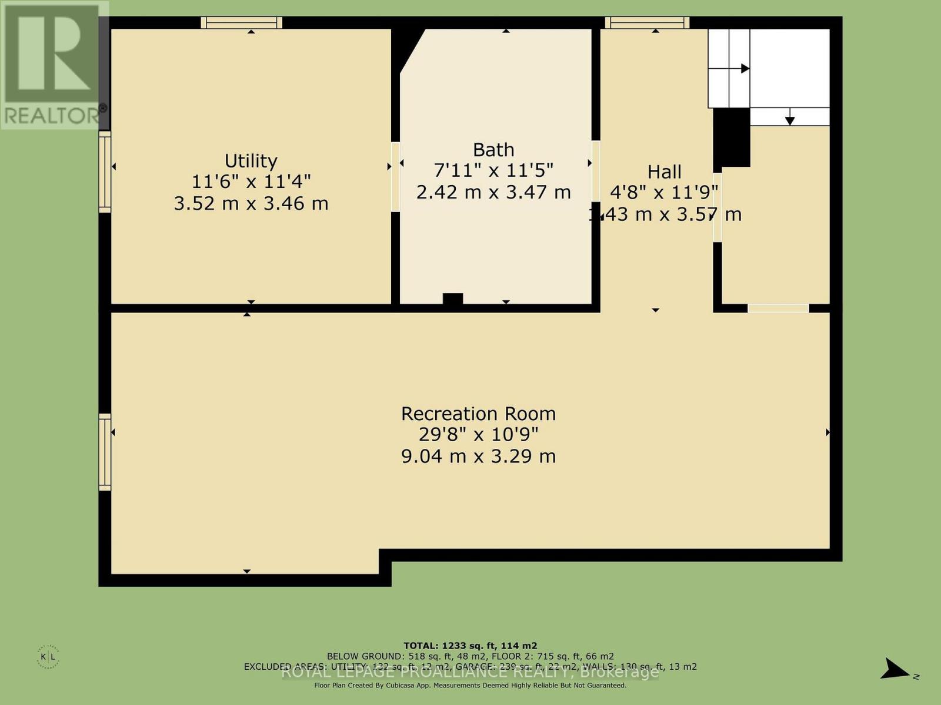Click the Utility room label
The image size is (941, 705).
[x=251, y=161]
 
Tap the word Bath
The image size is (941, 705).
[x=493, y=150]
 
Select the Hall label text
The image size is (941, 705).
[x=664, y=172]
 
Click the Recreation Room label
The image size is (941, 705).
[x=478, y=414]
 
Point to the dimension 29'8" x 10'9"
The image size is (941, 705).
[x=478, y=435]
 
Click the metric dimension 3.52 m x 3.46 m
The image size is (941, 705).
[x=251, y=204]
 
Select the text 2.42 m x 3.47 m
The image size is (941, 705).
[x=493, y=192]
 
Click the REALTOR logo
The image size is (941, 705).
[x=54, y=65]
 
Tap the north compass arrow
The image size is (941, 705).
[x=895, y=669]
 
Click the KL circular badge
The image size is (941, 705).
[x=48, y=656]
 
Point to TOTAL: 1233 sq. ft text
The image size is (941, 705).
[x=470, y=646]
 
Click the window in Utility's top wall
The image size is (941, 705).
[x=241, y=23]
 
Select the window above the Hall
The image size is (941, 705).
[x=647, y=23]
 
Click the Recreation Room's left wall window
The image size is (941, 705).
[x=105, y=451]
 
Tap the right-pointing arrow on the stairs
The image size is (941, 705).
[x=745, y=69]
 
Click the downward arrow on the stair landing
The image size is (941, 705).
[x=790, y=120]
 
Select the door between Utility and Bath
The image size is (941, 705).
[x=395, y=176]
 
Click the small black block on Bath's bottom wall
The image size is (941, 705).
[x=452, y=299]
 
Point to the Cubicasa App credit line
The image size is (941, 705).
[x=470, y=685]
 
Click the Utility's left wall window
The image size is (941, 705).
[x=105, y=172]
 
